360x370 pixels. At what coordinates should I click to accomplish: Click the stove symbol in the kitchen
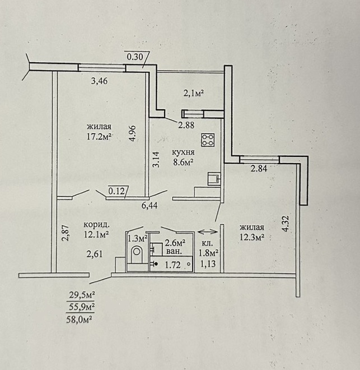point(208,140)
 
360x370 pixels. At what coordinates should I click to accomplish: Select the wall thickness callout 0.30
point(135,57)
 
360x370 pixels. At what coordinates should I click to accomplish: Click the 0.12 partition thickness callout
point(116,191)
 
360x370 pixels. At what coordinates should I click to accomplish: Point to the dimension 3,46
point(99,81)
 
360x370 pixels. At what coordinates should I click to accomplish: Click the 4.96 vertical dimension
point(133,133)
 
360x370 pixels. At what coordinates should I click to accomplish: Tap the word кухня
point(183,152)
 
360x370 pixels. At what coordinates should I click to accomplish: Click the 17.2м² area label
point(99,136)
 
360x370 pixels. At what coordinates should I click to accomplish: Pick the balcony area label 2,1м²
point(193,93)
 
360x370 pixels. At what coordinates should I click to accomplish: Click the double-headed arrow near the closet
point(208,232)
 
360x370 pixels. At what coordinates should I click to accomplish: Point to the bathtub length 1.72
point(172,265)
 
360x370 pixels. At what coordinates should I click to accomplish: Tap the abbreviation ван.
point(174,251)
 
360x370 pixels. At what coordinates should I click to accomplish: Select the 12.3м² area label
point(251,237)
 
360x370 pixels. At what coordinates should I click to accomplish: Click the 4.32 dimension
point(286,223)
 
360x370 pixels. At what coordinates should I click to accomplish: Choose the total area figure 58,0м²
point(79,320)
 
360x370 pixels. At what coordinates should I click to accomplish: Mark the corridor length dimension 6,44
point(149,206)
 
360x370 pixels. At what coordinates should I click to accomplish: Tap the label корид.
point(97,225)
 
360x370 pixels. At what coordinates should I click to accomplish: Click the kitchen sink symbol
point(214,179)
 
